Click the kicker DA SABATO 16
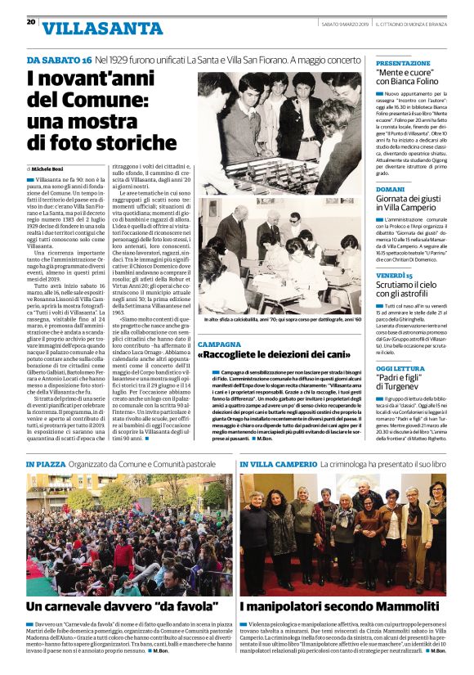(x=58, y=61)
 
